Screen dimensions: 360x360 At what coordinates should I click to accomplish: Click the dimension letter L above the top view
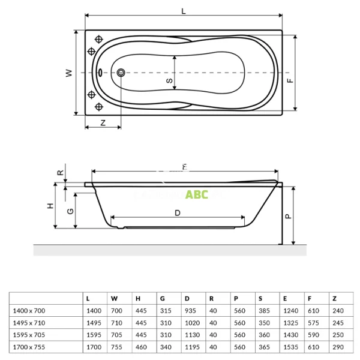point(183,10)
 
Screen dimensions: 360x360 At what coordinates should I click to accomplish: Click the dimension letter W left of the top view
point(69,73)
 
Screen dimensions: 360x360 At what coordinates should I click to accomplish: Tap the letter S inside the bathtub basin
point(169,80)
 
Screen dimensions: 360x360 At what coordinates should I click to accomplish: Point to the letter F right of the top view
point(289,80)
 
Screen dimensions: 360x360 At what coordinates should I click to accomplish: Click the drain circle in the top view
point(122,73)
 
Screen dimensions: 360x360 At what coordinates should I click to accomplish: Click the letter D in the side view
point(178,212)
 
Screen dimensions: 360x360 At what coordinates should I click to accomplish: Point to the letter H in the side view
point(50,205)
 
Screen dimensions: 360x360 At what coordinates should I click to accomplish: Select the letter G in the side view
point(70,211)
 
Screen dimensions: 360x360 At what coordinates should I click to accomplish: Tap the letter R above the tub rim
point(60,173)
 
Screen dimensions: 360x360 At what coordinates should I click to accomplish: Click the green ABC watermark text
point(196,194)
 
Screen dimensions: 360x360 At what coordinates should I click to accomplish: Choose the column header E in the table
point(284,298)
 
